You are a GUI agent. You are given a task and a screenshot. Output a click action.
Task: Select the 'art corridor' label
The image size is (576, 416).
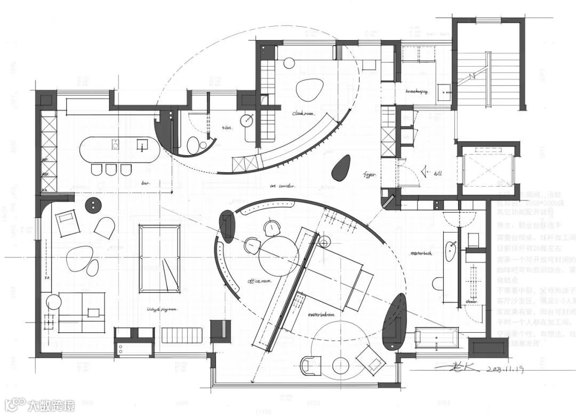pyautogui.click(x=283, y=186)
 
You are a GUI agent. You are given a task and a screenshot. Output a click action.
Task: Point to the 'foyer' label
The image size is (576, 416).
pyautogui.click(x=370, y=174)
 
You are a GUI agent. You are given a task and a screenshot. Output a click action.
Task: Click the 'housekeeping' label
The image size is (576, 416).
pyautogui.click(x=417, y=92)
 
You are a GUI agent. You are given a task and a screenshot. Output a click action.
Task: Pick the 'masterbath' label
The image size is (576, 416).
pyautogui.click(x=421, y=253)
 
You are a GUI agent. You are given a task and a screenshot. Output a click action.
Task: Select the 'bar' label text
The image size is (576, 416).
pyautogui.click(x=146, y=183)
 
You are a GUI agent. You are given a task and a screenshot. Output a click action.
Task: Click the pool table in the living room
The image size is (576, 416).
pyautogui.click(x=159, y=259)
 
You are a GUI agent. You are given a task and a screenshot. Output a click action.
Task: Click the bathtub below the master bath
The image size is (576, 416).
pyautogui.click(x=436, y=337)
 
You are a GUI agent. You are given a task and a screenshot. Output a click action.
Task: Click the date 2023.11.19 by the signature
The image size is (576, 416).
pyautogui.click(x=507, y=369)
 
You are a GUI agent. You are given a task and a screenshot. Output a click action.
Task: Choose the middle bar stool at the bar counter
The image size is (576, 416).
pyautogui.click(x=111, y=170)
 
